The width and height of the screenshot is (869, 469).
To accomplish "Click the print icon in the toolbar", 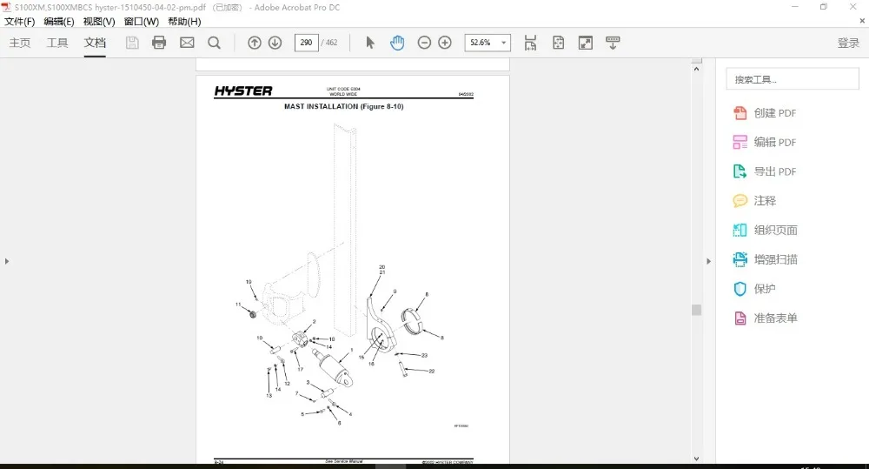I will point(159,43).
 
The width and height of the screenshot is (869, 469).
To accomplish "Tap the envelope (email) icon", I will point(187,43).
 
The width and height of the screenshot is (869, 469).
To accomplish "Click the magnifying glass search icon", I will point(214,43).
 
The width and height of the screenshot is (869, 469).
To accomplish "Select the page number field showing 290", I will point(306,43).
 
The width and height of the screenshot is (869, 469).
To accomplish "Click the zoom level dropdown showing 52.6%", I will point(488,43).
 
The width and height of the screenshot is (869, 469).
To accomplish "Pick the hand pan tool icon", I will point(397,43).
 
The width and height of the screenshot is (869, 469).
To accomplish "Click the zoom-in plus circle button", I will point(445,43).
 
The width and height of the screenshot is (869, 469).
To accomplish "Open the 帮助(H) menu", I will point(184,22).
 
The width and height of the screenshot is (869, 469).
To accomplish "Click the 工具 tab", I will point(57,43).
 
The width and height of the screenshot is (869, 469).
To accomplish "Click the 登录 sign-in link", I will point(848,43).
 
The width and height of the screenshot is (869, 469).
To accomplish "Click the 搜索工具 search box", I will point(792,79).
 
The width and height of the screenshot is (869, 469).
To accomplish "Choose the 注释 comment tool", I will point(765,201).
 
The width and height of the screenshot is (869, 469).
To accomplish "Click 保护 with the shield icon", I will point(765,289).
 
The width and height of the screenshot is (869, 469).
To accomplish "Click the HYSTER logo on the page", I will point(243,90).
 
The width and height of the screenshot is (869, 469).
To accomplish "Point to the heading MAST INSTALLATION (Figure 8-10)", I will point(344,106).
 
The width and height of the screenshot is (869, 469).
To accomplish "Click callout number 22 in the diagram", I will point(432,371).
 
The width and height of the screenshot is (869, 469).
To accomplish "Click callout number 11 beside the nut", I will point(238,305).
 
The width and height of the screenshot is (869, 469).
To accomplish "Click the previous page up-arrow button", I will point(255,43).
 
